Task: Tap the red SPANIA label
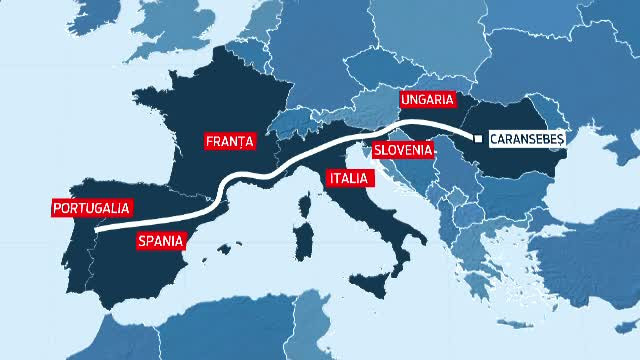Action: tap(159, 239)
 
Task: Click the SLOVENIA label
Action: tap(403, 151)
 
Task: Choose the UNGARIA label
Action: tap(427, 100)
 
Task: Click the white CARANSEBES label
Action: tap(527, 139)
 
